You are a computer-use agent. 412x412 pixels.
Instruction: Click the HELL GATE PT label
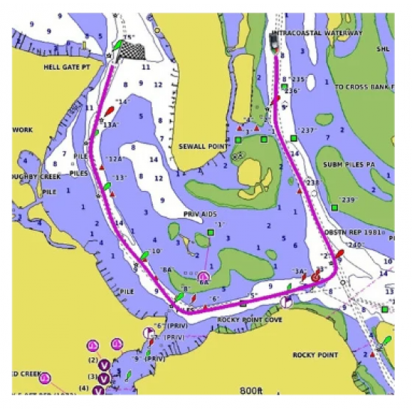pos(66,67)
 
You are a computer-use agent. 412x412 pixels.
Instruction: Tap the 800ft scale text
pos(252,390)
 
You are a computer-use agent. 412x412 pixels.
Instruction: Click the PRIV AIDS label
pos(200,213)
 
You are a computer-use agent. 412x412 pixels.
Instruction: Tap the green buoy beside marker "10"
pos(144,257)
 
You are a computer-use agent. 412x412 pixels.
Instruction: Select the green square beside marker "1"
pos(210,234)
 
